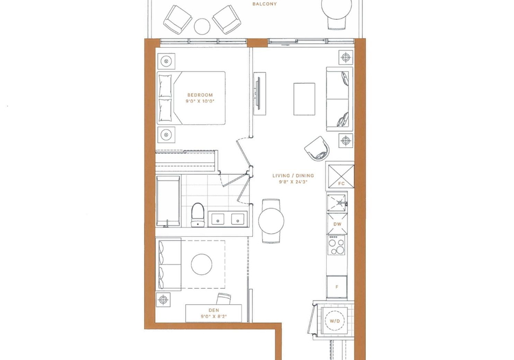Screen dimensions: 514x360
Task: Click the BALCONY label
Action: pos(264,4)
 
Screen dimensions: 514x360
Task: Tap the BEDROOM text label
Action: pos(200,95)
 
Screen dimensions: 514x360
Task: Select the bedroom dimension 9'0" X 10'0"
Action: pos(200,101)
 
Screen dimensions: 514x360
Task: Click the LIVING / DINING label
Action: pos(293,176)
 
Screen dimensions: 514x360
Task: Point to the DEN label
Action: pos(214,310)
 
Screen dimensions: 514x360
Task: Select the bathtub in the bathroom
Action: pos(168,201)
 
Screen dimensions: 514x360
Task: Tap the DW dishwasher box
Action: pos(337,224)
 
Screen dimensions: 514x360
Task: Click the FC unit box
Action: pos(341,176)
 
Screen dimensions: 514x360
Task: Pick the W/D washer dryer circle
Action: pos(335,321)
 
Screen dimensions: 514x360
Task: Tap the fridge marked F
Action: pos(337,287)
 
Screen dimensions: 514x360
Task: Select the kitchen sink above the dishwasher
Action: pos(337,202)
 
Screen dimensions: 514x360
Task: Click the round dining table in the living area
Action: pos(271,221)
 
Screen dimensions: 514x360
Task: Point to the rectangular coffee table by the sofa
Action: pos(304,99)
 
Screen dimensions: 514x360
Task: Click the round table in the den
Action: pos(202,264)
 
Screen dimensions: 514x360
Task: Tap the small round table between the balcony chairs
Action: pos(202,26)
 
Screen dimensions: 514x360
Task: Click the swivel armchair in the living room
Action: pos(317,148)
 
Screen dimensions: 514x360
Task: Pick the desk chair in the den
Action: pos(224,299)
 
